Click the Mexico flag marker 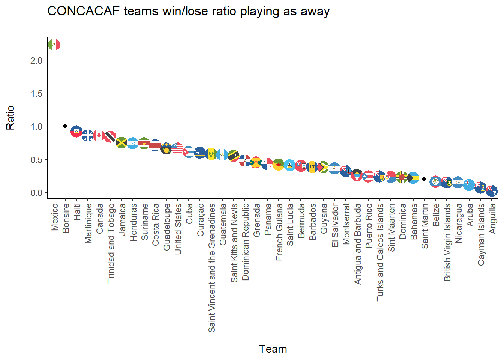[54, 45]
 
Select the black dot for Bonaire [65, 126]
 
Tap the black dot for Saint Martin [424, 179]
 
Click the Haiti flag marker [76, 131]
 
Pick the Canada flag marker [99, 135]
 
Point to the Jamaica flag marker [121, 142]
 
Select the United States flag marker [177, 149]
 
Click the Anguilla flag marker [492, 191]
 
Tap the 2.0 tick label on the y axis [36, 60]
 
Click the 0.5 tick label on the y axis [36, 160]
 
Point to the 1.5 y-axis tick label [36, 93]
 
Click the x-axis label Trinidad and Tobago [111, 243]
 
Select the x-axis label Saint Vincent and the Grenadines [212, 268]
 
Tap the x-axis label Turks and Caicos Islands [380, 252]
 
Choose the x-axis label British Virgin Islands [447, 242]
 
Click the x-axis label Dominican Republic [246, 242]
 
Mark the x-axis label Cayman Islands [481, 234]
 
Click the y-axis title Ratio [10, 117]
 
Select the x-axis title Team [273, 349]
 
